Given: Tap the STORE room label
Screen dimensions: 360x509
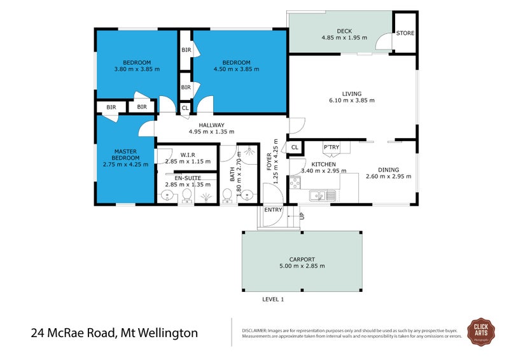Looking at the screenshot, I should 405,32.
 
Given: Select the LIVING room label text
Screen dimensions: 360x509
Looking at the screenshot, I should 352,92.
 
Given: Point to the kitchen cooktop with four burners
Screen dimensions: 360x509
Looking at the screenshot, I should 295,183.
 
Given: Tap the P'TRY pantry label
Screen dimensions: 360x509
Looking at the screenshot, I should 331,147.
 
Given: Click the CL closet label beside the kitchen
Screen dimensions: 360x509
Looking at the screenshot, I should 295,148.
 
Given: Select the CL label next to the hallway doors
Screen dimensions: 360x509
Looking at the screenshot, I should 185,108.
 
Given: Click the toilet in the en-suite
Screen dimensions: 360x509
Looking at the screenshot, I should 187,195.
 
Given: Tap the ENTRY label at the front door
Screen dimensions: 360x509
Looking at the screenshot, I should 273,209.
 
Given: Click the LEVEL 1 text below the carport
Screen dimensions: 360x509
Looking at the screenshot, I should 273,299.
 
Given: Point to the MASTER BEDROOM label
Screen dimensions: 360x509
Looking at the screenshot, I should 125,154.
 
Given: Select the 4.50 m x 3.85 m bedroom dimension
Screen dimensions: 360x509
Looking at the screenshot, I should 236,69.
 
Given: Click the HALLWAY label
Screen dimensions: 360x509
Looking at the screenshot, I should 211,125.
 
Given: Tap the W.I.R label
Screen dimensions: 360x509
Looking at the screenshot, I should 187,155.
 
